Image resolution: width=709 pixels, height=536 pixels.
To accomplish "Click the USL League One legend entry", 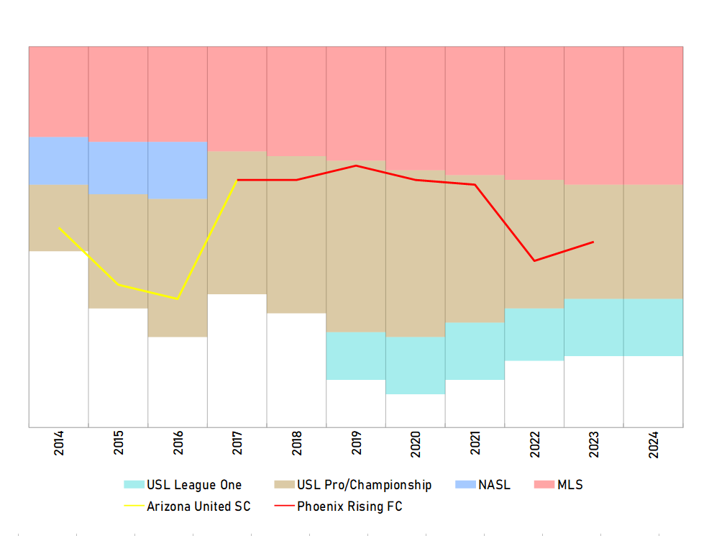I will (183, 485).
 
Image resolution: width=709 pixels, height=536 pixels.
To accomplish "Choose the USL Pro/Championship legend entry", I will (353, 485).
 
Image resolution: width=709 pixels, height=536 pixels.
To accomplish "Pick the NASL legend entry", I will (483, 485).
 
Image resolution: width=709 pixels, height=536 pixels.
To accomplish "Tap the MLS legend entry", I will (558, 485).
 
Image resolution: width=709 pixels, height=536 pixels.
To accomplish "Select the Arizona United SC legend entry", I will (188, 507).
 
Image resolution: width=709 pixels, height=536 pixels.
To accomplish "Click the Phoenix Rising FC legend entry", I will (339, 507).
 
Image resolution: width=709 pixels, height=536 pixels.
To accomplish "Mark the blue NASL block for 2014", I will (59, 160).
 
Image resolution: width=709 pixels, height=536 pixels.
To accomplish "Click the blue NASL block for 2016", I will (178, 170).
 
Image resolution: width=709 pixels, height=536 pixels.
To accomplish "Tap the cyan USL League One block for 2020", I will (416, 365).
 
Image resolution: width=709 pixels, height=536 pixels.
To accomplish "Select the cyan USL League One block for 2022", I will (534, 334).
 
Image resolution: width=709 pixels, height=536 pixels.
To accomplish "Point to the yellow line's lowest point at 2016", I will (178, 299).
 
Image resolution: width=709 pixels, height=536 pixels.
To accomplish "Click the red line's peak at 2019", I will (356, 165).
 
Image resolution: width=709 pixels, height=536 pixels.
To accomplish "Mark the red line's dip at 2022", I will (534, 260).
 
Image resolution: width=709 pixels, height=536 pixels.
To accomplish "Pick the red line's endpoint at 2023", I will (593, 242).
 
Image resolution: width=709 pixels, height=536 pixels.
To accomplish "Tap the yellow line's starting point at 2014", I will (59, 227).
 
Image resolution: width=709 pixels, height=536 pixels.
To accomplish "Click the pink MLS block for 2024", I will (653, 115).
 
